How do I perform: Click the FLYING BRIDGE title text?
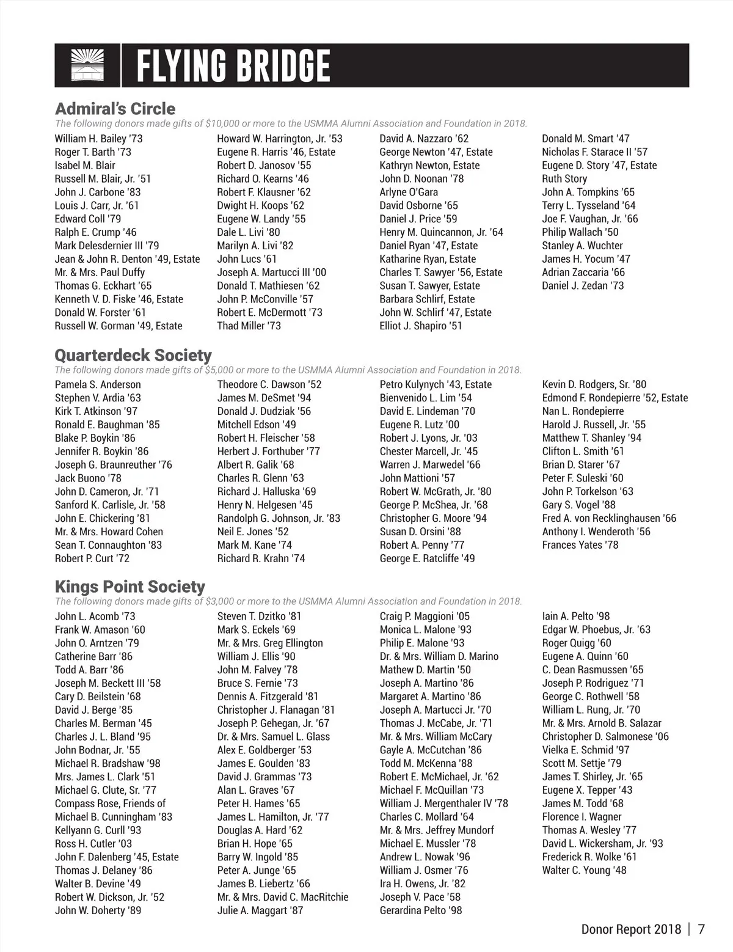pos(233,66)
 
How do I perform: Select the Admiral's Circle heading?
pos(115,109)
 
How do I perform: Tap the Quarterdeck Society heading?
pos(133,355)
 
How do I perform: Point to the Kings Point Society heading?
pos(129,587)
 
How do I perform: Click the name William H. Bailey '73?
pos(98,139)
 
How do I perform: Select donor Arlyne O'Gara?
pos(409,192)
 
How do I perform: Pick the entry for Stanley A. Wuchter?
pos(582,246)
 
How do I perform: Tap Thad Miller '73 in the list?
pos(249,326)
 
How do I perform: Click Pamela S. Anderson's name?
pos(98,384)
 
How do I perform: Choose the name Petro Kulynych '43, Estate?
pos(436,384)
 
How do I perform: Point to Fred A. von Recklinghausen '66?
pos(609,518)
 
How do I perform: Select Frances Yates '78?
pos(580,545)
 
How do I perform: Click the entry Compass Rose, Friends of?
pos(110,804)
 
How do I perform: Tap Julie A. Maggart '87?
pos(260,910)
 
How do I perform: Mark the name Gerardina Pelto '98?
pos(421,910)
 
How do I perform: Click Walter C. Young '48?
pos(584,870)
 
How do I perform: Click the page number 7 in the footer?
pos(701,929)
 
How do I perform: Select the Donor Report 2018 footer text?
pos(631,929)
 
